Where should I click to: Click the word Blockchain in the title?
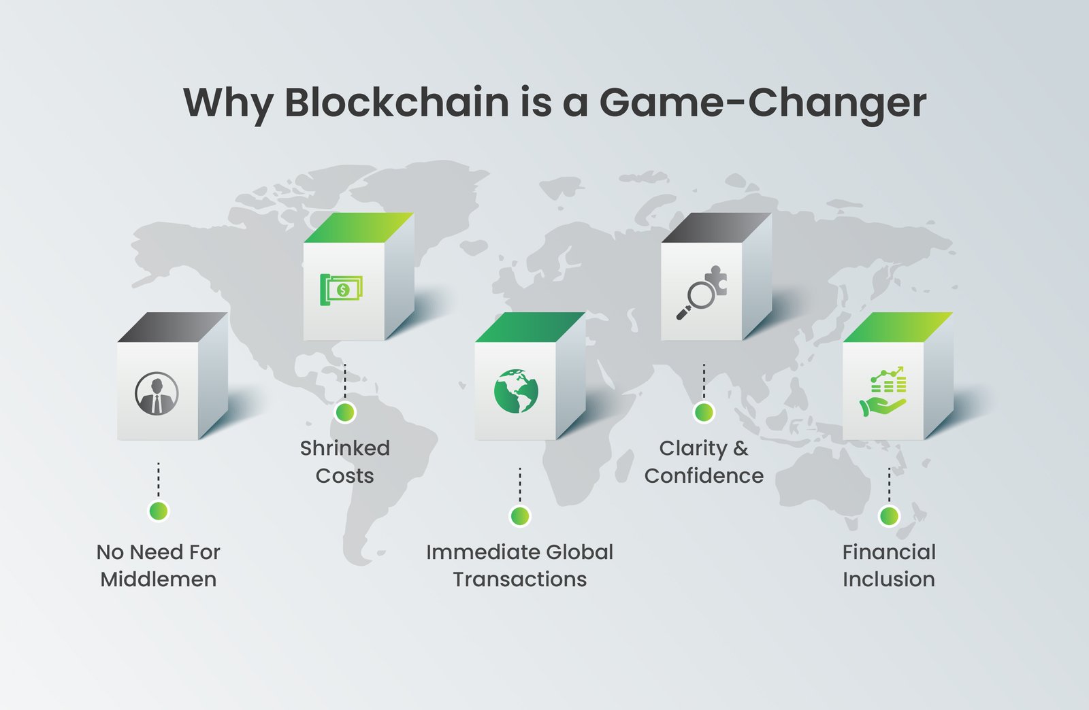(x=397, y=103)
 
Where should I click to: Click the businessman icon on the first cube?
(x=157, y=393)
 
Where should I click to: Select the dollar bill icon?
(x=341, y=290)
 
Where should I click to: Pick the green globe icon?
(x=516, y=391)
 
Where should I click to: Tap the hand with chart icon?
(x=883, y=392)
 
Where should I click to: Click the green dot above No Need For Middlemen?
(x=159, y=511)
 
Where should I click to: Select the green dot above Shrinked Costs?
(x=345, y=412)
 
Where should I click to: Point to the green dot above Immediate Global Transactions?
(x=520, y=515)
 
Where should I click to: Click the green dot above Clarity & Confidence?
(x=704, y=412)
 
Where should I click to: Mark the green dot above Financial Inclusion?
(x=889, y=515)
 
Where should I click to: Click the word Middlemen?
(x=159, y=579)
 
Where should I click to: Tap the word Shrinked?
(x=345, y=448)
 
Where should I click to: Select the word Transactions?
(x=520, y=579)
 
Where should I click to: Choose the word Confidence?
(x=704, y=476)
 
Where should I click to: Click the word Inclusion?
(x=889, y=579)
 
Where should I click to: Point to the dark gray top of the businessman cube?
(x=173, y=327)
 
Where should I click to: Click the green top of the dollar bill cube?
(x=359, y=227)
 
